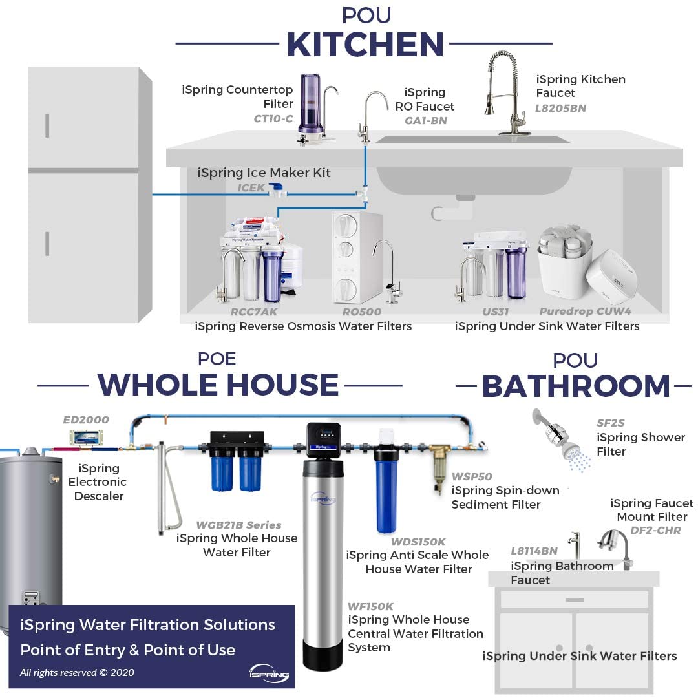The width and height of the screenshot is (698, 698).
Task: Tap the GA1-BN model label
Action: click(425, 121)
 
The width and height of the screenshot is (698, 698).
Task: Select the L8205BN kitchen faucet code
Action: click(560, 108)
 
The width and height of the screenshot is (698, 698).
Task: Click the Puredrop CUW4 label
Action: click(585, 312)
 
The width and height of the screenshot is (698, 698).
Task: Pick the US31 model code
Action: click(495, 312)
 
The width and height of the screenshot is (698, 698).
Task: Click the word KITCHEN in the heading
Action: click(365, 45)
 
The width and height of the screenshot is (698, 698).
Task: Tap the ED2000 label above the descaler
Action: click(86, 419)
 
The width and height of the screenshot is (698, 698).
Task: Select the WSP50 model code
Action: click(472, 476)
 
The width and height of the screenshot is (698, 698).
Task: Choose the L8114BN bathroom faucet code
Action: click(534, 551)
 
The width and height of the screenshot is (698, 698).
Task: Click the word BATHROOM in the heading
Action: click(576, 386)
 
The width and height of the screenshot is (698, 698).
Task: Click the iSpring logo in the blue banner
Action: click(270, 672)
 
